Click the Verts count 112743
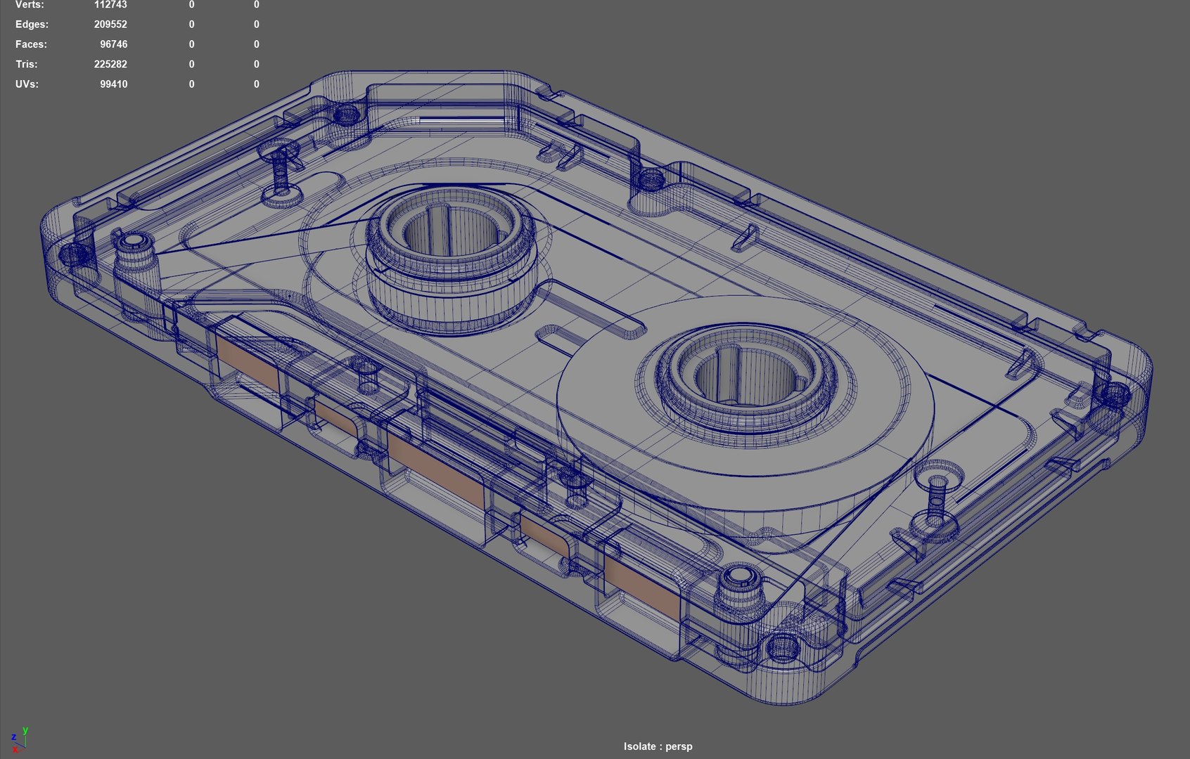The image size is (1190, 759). (x=110, y=5)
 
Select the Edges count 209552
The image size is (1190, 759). (x=110, y=25)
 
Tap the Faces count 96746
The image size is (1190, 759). (x=113, y=44)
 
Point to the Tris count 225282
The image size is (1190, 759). (x=110, y=64)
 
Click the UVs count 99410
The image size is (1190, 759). (x=113, y=84)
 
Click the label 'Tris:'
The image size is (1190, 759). (x=27, y=64)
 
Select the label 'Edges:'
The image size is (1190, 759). (x=32, y=25)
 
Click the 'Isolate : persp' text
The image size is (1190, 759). (x=658, y=746)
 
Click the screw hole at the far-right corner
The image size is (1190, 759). (x=1115, y=393)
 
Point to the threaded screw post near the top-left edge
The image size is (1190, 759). (x=281, y=172)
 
